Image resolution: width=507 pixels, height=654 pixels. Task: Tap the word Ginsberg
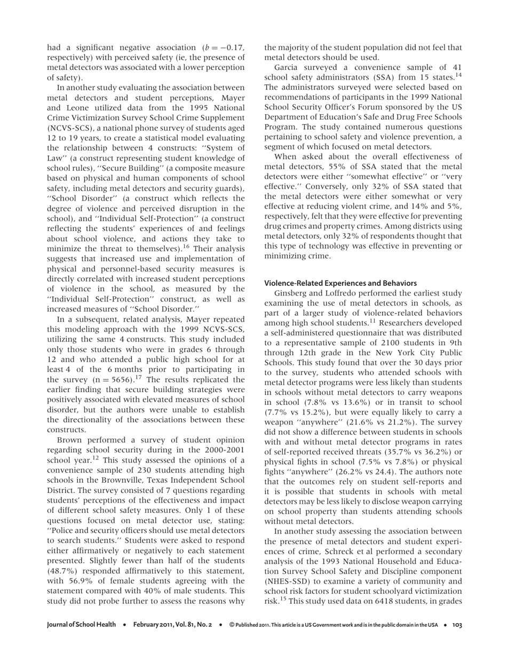pyautogui.click(x=291, y=293)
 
